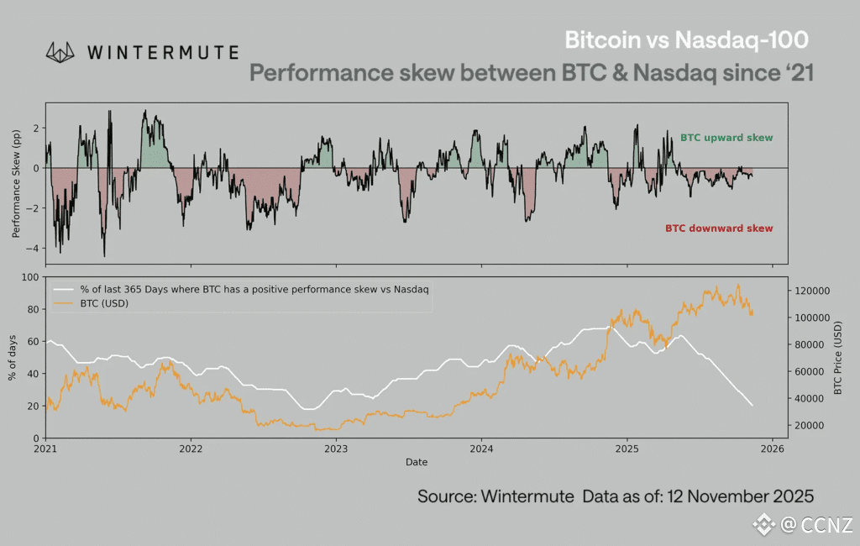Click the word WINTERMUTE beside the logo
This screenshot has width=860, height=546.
pos(163,52)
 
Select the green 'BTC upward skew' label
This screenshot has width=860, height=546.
pos(726,138)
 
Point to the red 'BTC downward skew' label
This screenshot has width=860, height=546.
pos(719,228)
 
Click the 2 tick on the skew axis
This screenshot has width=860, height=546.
pos(36,128)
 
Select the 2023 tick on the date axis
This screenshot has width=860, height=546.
pos(336,449)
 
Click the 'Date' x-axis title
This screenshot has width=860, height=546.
pos(417,462)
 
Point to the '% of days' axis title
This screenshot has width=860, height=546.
pos(13,357)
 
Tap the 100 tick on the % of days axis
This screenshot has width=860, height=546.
pos(31,277)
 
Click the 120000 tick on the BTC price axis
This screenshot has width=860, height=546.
pos(812,291)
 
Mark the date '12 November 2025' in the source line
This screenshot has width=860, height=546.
pos(741,496)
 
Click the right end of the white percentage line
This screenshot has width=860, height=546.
pos(752,406)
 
